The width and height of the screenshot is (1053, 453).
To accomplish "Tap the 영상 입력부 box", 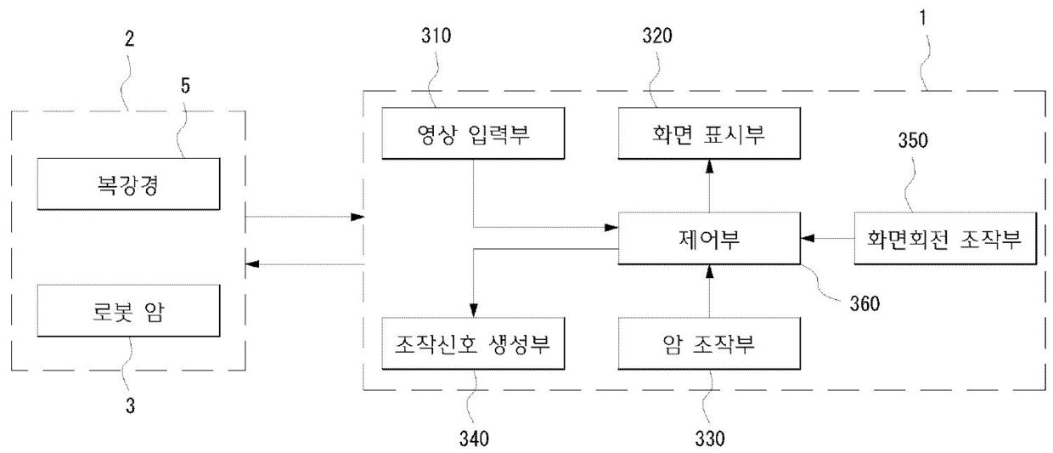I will click(x=461, y=133).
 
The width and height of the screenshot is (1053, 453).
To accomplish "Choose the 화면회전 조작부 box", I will click(x=945, y=238).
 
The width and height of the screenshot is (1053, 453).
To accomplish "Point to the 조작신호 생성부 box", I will click(x=461, y=343).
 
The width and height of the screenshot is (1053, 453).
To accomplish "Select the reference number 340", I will click(x=474, y=439).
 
